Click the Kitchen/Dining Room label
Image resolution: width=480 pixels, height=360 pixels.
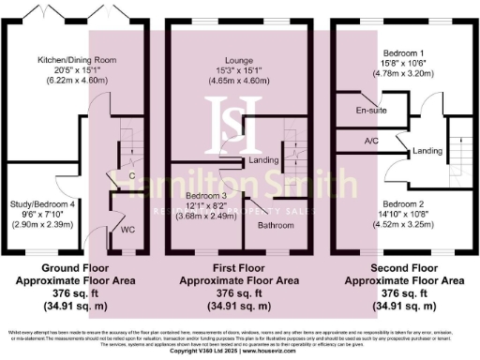coord(77,60)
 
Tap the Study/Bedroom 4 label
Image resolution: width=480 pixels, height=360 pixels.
coord(43,202)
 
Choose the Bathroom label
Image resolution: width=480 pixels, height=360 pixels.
coord(277,225)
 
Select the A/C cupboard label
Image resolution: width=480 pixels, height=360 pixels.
coord(372,142)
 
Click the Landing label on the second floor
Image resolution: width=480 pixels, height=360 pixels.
coord(427,150)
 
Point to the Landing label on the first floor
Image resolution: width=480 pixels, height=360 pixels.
coord(263,160)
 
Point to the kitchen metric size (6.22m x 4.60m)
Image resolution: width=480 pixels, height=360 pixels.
coord(77,82)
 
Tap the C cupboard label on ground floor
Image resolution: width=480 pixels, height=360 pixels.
coord(132,175)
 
